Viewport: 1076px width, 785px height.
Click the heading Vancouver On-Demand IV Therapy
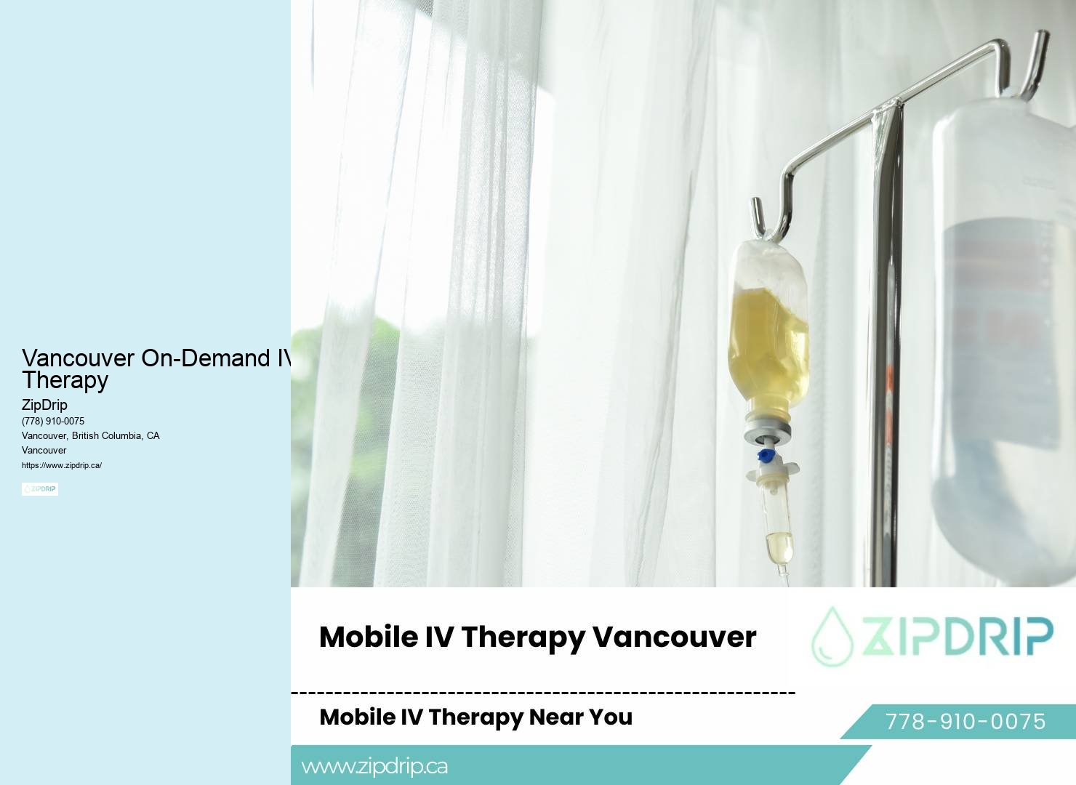point(156,369)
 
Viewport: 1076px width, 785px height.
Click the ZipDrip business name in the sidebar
point(44,405)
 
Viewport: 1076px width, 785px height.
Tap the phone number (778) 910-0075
point(53,421)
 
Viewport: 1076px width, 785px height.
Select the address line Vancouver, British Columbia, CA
point(91,435)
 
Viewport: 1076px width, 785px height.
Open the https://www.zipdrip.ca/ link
point(62,465)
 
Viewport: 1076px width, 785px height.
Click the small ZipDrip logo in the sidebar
point(40,489)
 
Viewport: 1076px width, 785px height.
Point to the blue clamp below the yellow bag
point(765,456)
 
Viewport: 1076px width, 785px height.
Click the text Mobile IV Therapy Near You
point(475,717)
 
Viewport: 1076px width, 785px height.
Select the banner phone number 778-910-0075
point(965,721)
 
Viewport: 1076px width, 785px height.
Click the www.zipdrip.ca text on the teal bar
point(374,766)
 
